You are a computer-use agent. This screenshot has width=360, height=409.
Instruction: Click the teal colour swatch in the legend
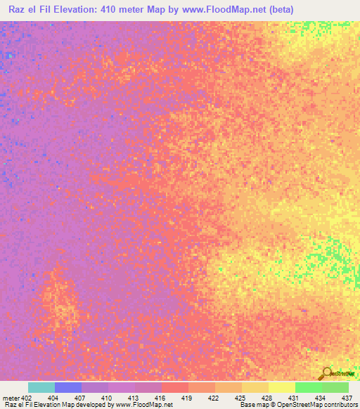[41, 387]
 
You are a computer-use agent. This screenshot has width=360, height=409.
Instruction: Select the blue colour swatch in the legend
[68, 387]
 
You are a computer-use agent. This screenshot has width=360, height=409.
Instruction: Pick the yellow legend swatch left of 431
[282, 387]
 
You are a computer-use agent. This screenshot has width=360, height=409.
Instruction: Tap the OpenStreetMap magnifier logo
[326, 373]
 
